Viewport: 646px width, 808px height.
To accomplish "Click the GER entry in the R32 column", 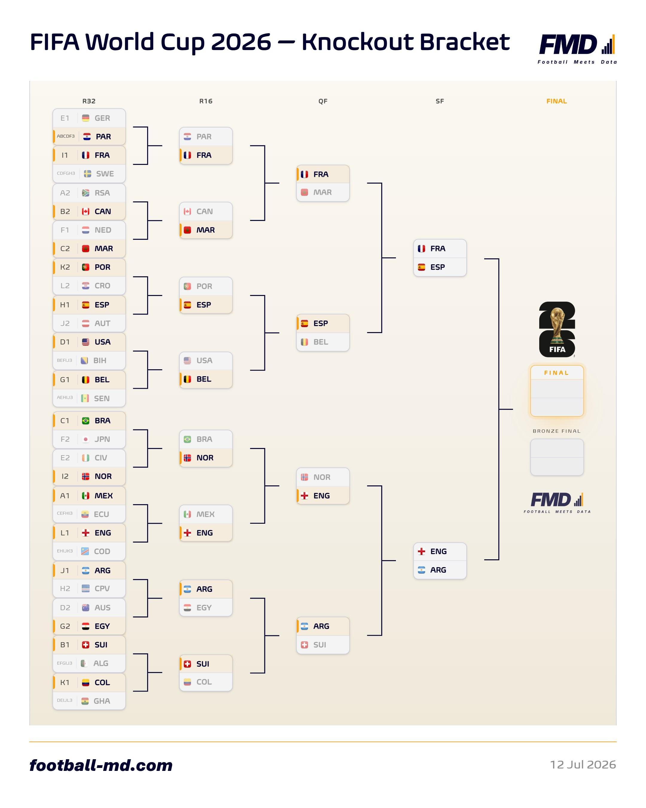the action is pyautogui.click(x=102, y=118).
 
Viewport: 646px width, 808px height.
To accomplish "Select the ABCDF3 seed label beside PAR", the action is pyautogui.click(x=65, y=136).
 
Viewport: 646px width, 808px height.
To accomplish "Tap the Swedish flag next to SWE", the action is pyautogui.click(x=87, y=174).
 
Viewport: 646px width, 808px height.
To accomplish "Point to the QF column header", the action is pyautogui.click(x=322, y=101).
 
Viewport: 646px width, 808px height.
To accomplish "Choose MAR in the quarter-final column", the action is pyautogui.click(x=322, y=192).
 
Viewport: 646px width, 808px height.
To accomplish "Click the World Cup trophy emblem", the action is pyautogui.click(x=557, y=329).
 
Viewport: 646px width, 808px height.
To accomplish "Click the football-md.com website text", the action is pyautogui.click(x=101, y=765).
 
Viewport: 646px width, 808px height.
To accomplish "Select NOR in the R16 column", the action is pyautogui.click(x=205, y=458).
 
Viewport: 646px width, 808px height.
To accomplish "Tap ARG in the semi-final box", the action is pyautogui.click(x=438, y=570).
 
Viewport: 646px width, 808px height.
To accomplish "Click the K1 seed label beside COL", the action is pyautogui.click(x=65, y=682).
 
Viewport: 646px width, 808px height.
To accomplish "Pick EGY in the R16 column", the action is pyautogui.click(x=204, y=607).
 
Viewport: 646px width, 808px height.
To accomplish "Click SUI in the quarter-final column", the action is pyautogui.click(x=319, y=645).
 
